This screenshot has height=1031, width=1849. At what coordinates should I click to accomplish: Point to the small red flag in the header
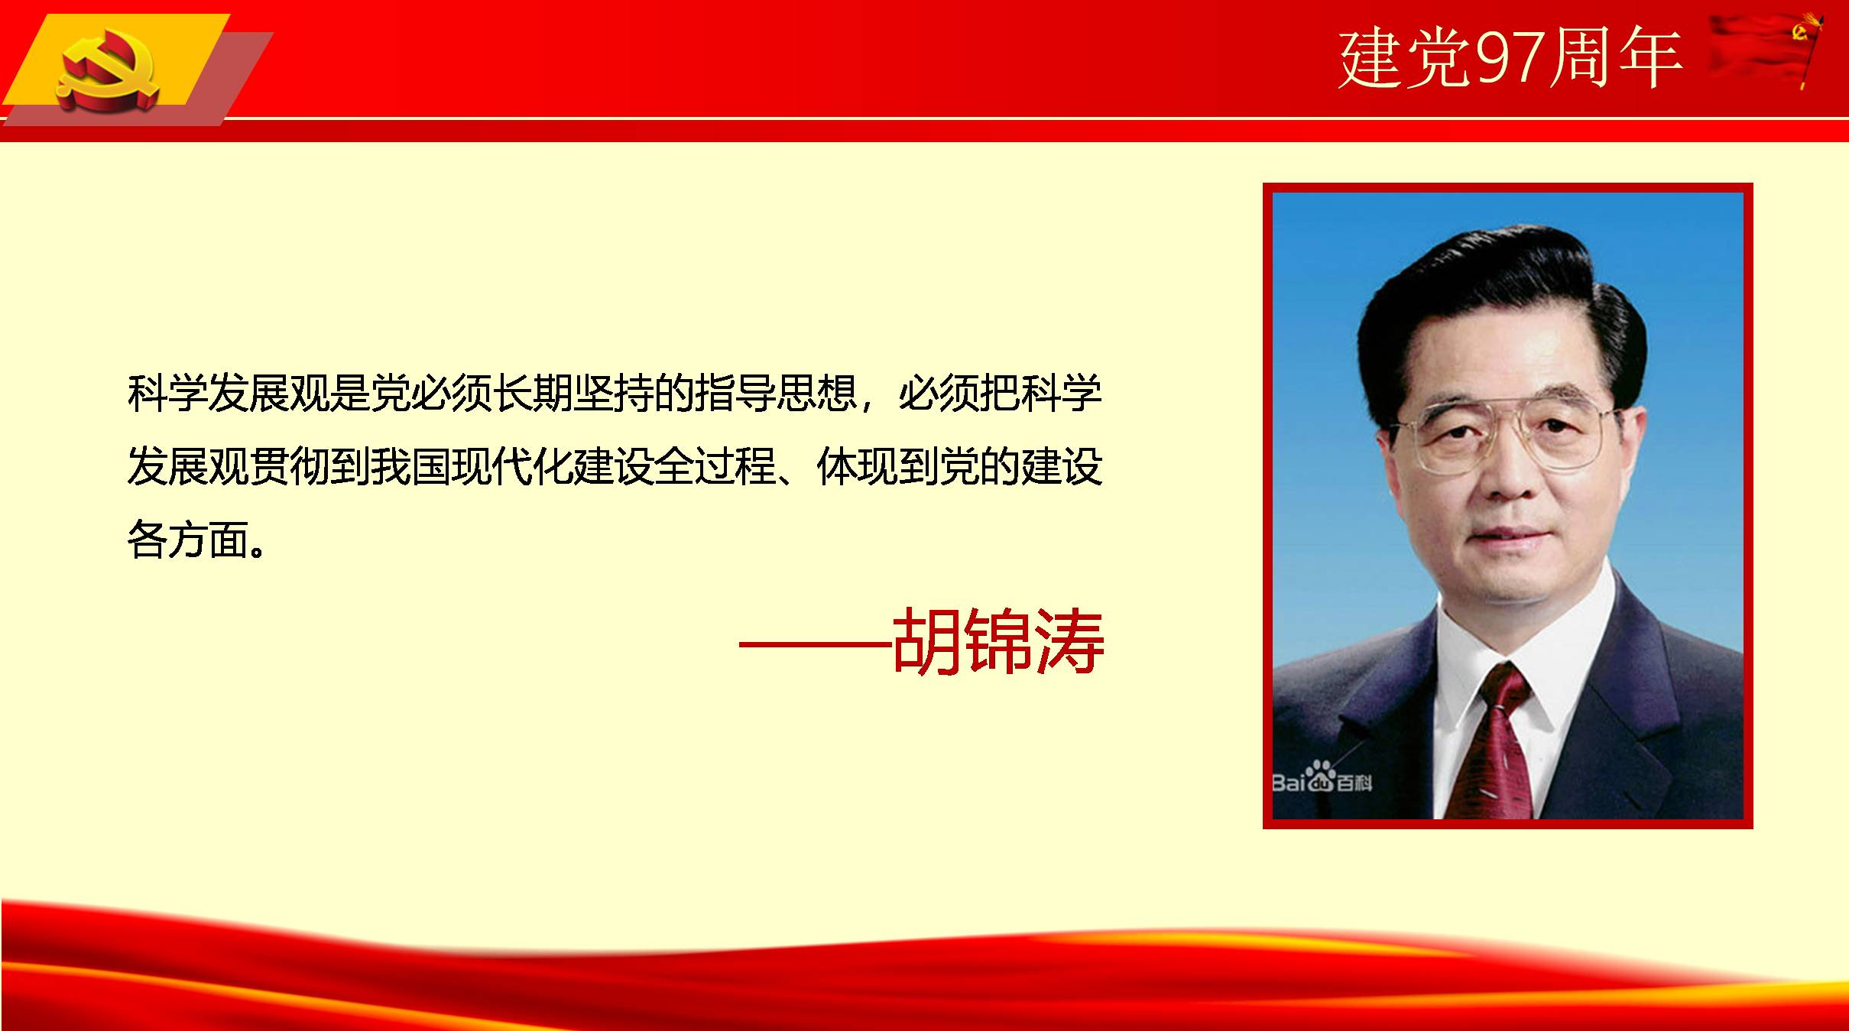pos(1766,50)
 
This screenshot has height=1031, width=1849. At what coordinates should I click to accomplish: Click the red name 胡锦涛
pos(997,641)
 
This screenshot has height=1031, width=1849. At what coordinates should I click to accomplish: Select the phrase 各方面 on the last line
pos(188,539)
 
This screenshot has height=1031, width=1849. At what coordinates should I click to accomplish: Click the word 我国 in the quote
pos(410,466)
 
